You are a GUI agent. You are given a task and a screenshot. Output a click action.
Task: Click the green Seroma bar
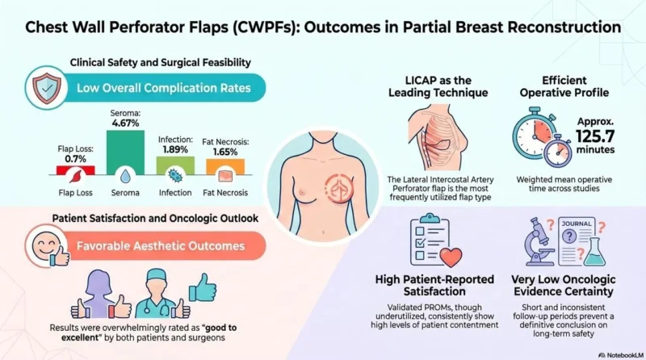125,153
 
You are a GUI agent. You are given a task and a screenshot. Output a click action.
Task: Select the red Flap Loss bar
75,170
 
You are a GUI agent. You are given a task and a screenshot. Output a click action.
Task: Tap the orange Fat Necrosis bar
225,167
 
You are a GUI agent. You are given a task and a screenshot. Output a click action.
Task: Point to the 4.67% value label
125,123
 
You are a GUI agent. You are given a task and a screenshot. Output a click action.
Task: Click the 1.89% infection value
175,149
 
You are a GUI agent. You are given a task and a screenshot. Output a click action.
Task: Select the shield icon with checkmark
47,88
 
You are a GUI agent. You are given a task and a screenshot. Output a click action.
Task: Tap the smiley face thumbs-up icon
48,246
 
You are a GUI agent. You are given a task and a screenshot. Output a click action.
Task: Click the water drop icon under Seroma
125,176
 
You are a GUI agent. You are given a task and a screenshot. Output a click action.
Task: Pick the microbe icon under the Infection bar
175,176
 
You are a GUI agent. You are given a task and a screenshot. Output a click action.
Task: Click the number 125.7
595,136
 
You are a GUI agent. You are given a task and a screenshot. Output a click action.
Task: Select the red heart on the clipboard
451,257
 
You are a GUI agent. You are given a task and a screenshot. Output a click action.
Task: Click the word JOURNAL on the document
577,224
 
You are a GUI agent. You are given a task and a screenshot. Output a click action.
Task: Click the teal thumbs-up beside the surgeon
203,287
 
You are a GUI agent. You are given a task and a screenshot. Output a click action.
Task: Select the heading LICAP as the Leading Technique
438,86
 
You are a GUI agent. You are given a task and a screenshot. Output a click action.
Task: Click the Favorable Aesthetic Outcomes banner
161,246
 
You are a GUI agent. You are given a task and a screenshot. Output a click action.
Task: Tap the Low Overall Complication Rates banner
164,88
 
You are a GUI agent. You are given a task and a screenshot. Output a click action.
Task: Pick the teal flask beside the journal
595,251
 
